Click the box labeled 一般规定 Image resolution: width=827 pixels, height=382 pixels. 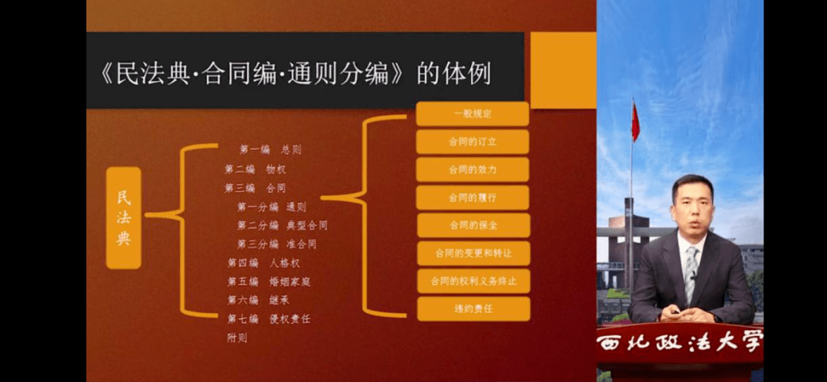click(472, 114)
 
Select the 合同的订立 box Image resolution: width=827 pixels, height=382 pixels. click(472, 142)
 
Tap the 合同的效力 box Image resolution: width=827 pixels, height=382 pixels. click(472, 169)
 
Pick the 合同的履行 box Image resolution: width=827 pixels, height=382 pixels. click(472, 198)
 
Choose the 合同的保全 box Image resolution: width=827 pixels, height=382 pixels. click(472, 225)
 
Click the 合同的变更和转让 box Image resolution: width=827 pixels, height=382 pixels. click(472, 253)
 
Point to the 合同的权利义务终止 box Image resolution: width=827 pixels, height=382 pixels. click(472, 281)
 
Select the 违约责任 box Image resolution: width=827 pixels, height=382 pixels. click(472, 309)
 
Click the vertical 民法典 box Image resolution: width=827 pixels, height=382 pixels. click(123, 217)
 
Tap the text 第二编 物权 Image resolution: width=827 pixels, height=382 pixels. click(255, 169)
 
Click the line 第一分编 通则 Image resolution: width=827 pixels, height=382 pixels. click(272, 207)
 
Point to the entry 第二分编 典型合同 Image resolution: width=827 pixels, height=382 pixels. click(282, 226)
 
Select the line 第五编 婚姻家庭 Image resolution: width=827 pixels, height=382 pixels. click(268, 282)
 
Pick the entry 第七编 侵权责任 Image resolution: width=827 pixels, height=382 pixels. click(268, 318)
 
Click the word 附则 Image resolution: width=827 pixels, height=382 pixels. click(237, 338)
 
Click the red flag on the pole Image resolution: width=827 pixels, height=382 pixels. click(635, 122)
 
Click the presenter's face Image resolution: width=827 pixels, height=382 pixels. click(691, 206)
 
